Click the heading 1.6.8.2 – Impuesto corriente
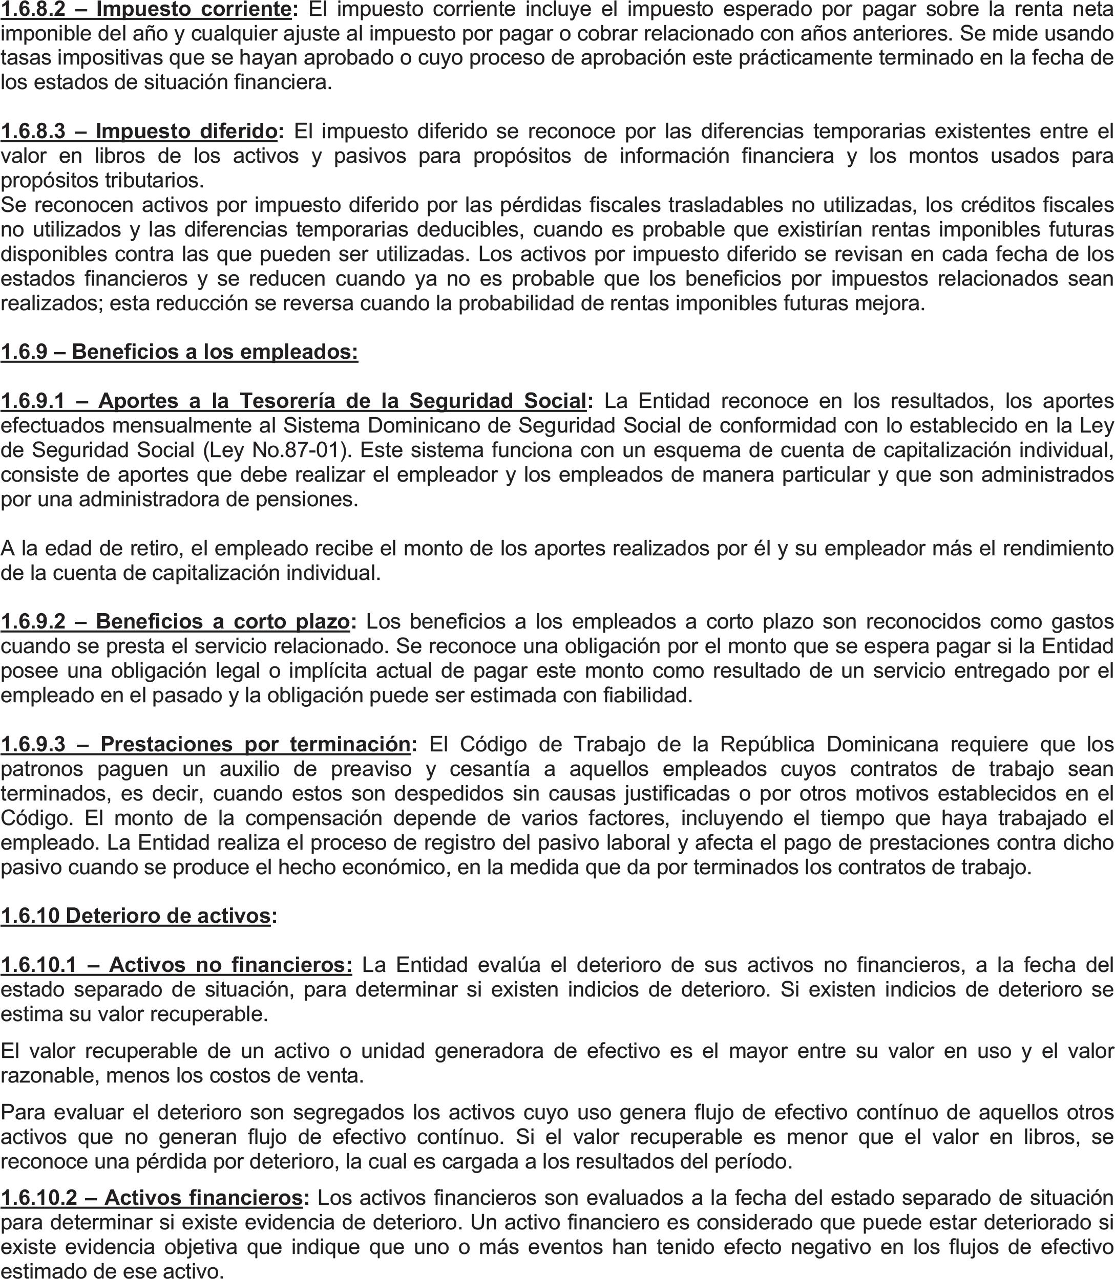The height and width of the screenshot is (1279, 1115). pos(145,10)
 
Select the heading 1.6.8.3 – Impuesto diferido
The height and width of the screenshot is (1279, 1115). pos(139,131)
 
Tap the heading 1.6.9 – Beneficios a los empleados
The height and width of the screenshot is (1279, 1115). pos(179,352)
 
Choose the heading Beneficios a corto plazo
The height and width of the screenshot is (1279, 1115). pos(222,621)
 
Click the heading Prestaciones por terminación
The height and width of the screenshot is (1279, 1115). pos(255,744)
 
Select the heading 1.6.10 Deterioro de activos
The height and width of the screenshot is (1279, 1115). pos(136,916)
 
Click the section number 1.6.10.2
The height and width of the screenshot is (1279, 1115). pos(38,1198)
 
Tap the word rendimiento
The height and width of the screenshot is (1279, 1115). pos(1051,549)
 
